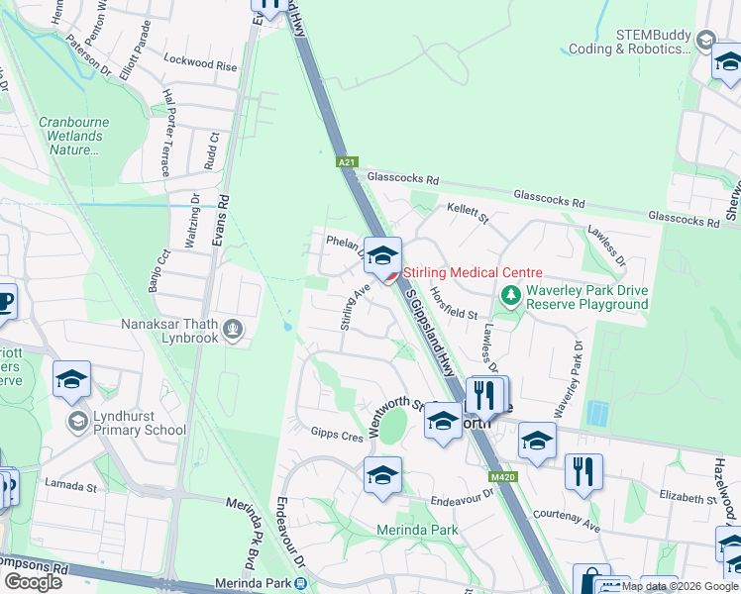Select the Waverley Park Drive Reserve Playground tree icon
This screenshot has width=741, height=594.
pyautogui.click(x=511, y=295)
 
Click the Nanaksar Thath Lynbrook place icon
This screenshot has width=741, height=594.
pyautogui.click(x=233, y=329)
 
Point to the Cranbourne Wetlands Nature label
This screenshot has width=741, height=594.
pyautogui.click(x=73, y=137)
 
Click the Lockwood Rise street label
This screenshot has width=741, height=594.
pyautogui.click(x=201, y=65)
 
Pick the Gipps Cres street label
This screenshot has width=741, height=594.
pyautogui.click(x=338, y=435)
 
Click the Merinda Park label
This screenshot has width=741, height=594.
pyautogui.click(x=417, y=530)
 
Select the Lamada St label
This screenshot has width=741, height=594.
pyautogui.click(x=70, y=486)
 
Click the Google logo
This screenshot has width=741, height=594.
pyautogui.click(x=33, y=582)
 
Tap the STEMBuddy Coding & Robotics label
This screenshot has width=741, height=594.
pyautogui.click(x=628, y=41)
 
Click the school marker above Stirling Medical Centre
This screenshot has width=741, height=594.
pyautogui.click(x=381, y=255)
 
